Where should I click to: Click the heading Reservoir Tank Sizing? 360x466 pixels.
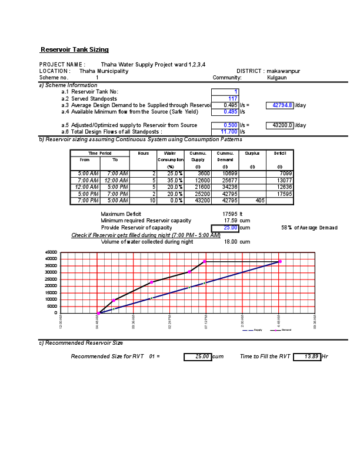click(74, 49)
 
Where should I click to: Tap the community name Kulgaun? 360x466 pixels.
click(277, 77)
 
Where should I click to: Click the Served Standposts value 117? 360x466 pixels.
click(232, 98)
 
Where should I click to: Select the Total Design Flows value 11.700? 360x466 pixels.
click(229, 132)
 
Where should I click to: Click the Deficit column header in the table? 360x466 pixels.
click(279, 153)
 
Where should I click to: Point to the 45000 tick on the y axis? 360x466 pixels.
click(51, 252)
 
